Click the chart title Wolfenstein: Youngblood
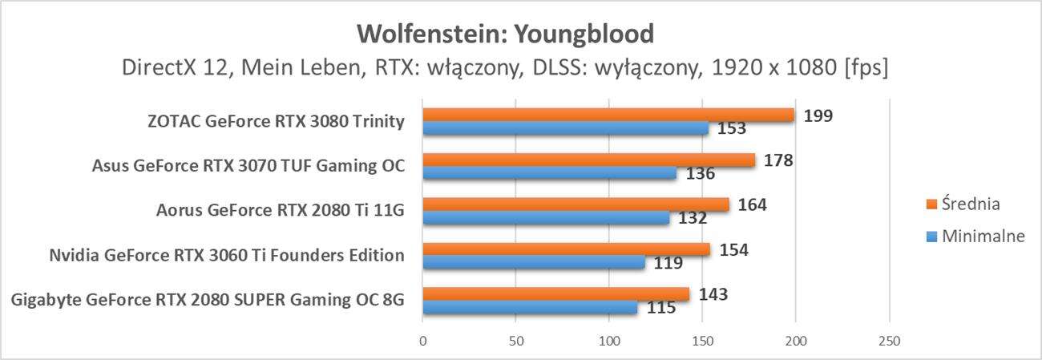tap(506, 34)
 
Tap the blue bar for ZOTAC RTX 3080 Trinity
tap(565, 128)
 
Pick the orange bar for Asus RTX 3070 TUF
tap(588, 160)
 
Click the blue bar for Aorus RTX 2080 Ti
tap(545, 217)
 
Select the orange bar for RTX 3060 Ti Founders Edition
tap(566, 249)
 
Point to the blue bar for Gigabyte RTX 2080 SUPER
tap(529, 307)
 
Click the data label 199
tap(818, 115)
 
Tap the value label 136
tap(701, 173)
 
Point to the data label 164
tap(752, 204)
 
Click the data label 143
tap(713, 294)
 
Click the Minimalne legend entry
tap(977, 236)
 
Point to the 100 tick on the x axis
tap(609, 341)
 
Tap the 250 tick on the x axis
tap(889, 341)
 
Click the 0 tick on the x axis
tap(422, 341)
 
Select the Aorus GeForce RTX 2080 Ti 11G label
tap(280, 212)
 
